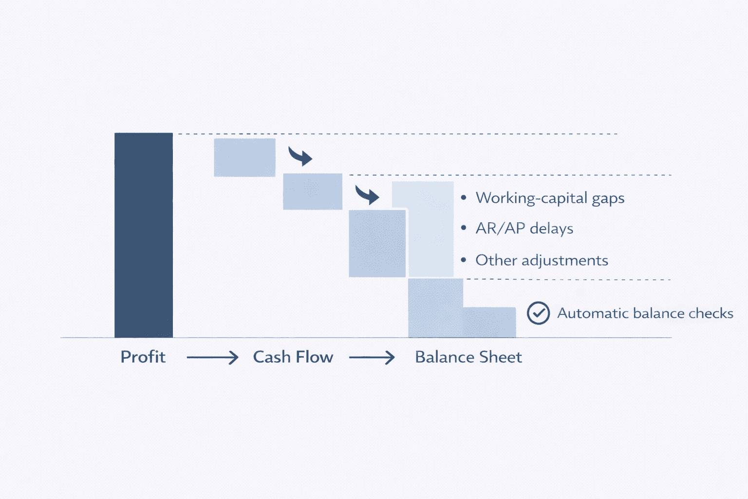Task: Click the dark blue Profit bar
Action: click(144, 235)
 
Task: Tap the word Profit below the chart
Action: click(143, 357)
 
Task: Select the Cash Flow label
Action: click(293, 357)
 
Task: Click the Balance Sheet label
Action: click(468, 357)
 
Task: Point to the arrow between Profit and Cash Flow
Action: click(212, 358)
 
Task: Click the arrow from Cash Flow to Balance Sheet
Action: click(372, 358)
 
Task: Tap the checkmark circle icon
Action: click(538, 313)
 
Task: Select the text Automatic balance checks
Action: click(645, 313)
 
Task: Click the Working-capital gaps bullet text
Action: click(550, 198)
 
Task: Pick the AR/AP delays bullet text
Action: click(524, 229)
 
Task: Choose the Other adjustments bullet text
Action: click(542, 260)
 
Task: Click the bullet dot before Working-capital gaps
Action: click(464, 197)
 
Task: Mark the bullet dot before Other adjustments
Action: click(464, 260)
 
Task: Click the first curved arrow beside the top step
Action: click(300, 156)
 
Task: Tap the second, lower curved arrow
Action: click(367, 195)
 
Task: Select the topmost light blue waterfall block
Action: click(244, 157)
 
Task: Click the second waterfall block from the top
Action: click(313, 192)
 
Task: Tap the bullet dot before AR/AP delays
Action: click(464, 228)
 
